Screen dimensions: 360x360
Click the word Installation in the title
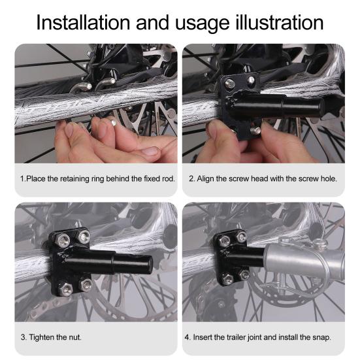click(83, 22)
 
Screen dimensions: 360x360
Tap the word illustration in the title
click(280, 22)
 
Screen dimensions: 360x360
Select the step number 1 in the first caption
click(22, 178)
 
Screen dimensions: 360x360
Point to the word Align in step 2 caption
click(205, 178)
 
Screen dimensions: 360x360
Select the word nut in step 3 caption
click(75, 337)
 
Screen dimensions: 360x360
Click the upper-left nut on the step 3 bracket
click(63, 241)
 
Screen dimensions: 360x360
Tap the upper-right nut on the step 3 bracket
click(83, 237)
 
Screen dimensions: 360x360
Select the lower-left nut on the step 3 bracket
click(65, 289)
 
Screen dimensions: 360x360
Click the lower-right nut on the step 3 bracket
click(86, 285)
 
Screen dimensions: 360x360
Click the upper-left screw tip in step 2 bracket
click(229, 84)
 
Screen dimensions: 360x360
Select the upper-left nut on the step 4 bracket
click(225, 241)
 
